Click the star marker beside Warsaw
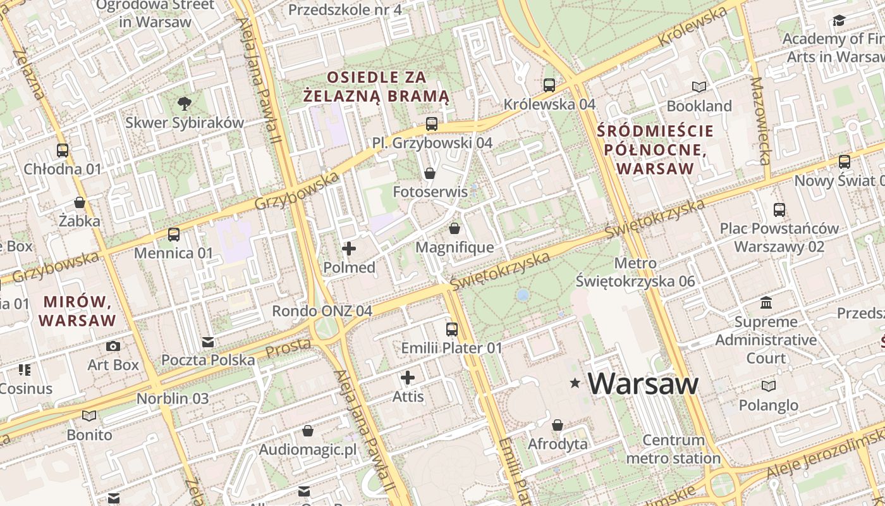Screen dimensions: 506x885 click(x=575, y=383)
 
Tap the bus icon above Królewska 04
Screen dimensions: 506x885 click(x=549, y=85)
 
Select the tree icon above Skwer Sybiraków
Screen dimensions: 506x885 click(x=184, y=103)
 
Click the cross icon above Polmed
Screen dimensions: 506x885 click(x=348, y=249)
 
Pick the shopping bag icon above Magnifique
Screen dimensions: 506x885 click(x=454, y=228)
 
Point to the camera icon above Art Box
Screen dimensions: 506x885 click(x=113, y=346)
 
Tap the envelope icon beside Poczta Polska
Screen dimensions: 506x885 click(x=208, y=342)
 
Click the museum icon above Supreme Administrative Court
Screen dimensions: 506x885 click(x=766, y=302)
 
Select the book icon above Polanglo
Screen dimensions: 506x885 click(x=768, y=386)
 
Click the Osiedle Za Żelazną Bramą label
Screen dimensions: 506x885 click(x=376, y=87)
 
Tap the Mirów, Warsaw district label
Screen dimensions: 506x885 click(x=78, y=310)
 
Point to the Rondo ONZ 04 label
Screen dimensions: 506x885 click(x=322, y=311)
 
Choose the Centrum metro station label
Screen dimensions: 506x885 click(x=673, y=449)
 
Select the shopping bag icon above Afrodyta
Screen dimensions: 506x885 click(x=557, y=425)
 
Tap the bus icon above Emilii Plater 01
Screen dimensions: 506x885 click(x=451, y=329)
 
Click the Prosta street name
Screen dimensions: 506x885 click(x=288, y=347)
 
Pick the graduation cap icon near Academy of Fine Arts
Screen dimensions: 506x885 click(x=838, y=21)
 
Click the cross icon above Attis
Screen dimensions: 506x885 click(x=408, y=378)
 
